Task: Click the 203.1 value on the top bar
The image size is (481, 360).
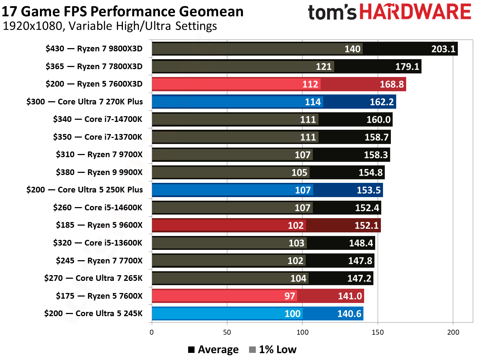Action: pos(443,49)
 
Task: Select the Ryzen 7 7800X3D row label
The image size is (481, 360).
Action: pos(94,66)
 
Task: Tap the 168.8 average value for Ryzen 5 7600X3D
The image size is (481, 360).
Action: pos(392,84)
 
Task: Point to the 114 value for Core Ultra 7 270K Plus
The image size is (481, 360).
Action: pos(312,102)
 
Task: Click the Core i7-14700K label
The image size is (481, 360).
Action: pos(97,119)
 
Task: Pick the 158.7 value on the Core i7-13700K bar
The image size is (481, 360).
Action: pos(376,137)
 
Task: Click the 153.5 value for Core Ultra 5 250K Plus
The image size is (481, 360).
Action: pos(368,190)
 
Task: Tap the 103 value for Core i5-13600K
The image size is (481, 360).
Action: pos(296,243)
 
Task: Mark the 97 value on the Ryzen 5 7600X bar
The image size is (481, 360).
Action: pos(289,296)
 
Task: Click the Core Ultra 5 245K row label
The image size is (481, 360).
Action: pos(93,313)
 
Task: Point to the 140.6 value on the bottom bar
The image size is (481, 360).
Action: pos(349,314)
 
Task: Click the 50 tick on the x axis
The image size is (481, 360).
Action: pos(227,332)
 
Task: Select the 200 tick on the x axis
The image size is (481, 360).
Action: pos(453,332)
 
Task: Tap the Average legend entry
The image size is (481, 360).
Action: pos(213,350)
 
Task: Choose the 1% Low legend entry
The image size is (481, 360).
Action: pos(273,350)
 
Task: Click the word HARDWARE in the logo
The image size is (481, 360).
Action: pos(415,12)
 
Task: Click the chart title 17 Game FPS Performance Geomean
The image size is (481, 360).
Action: pos(122,11)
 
